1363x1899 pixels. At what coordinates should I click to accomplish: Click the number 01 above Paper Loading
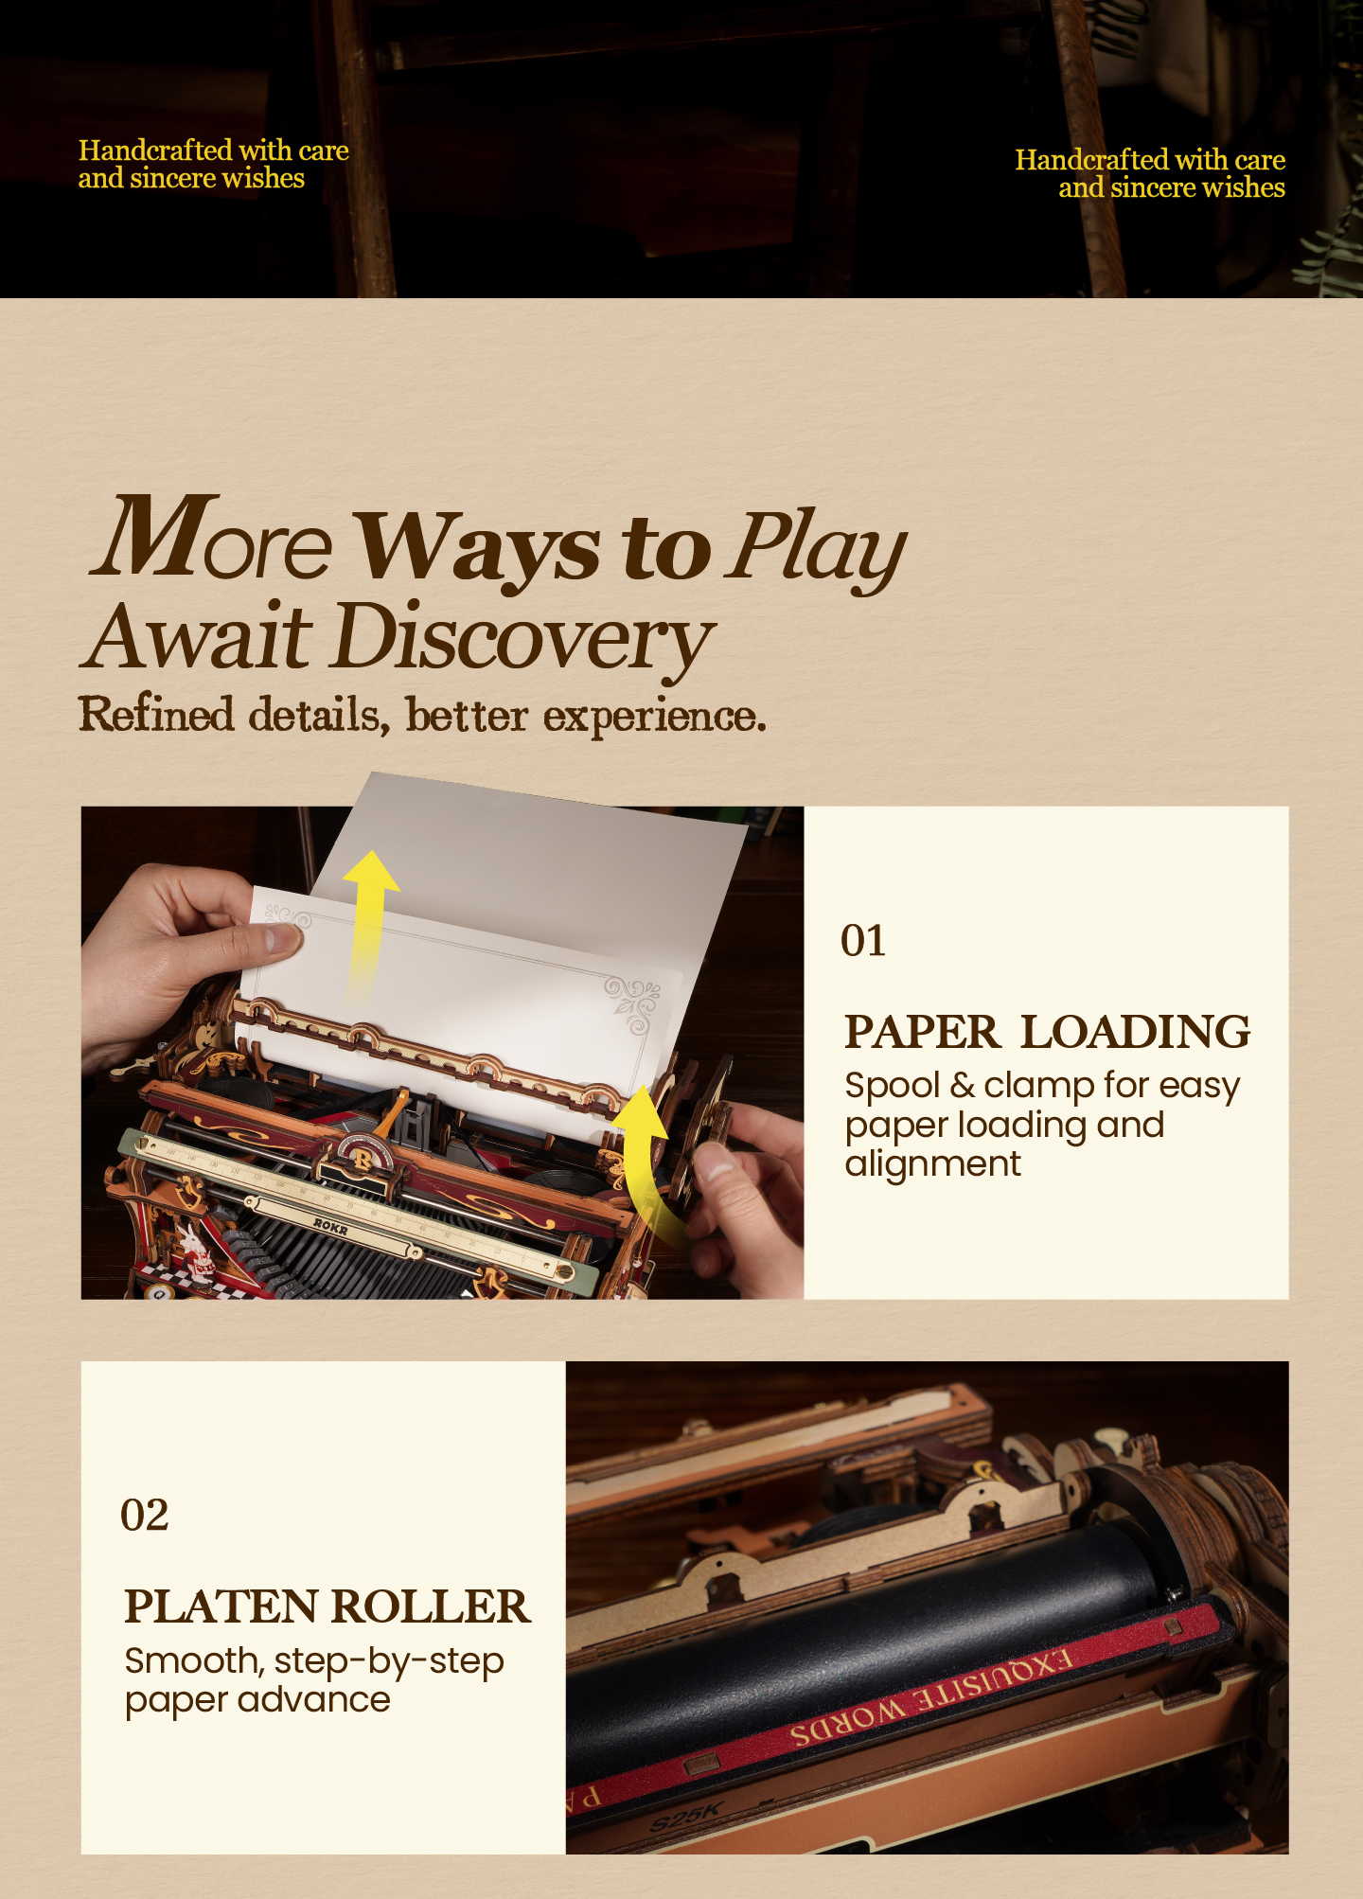[863, 941]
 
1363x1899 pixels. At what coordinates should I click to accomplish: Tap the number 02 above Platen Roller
[145, 1515]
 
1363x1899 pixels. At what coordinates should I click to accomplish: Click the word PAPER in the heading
[922, 1032]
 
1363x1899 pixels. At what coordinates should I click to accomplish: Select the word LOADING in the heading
[1136, 1032]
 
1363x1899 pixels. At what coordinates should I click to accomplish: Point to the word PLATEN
[221, 1606]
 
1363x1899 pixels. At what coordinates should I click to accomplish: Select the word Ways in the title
[478, 549]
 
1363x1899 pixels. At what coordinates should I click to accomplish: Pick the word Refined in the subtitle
[156, 715]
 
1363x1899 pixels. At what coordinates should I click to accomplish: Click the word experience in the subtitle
[654, 717]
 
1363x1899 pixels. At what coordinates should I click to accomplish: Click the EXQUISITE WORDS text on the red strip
[932, 1699]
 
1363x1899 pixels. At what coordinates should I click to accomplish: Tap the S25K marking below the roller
[685, 1816]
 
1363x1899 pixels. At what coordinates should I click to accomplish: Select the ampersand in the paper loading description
[962, 1086]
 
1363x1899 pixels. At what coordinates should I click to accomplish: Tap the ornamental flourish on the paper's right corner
[632, 1003]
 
